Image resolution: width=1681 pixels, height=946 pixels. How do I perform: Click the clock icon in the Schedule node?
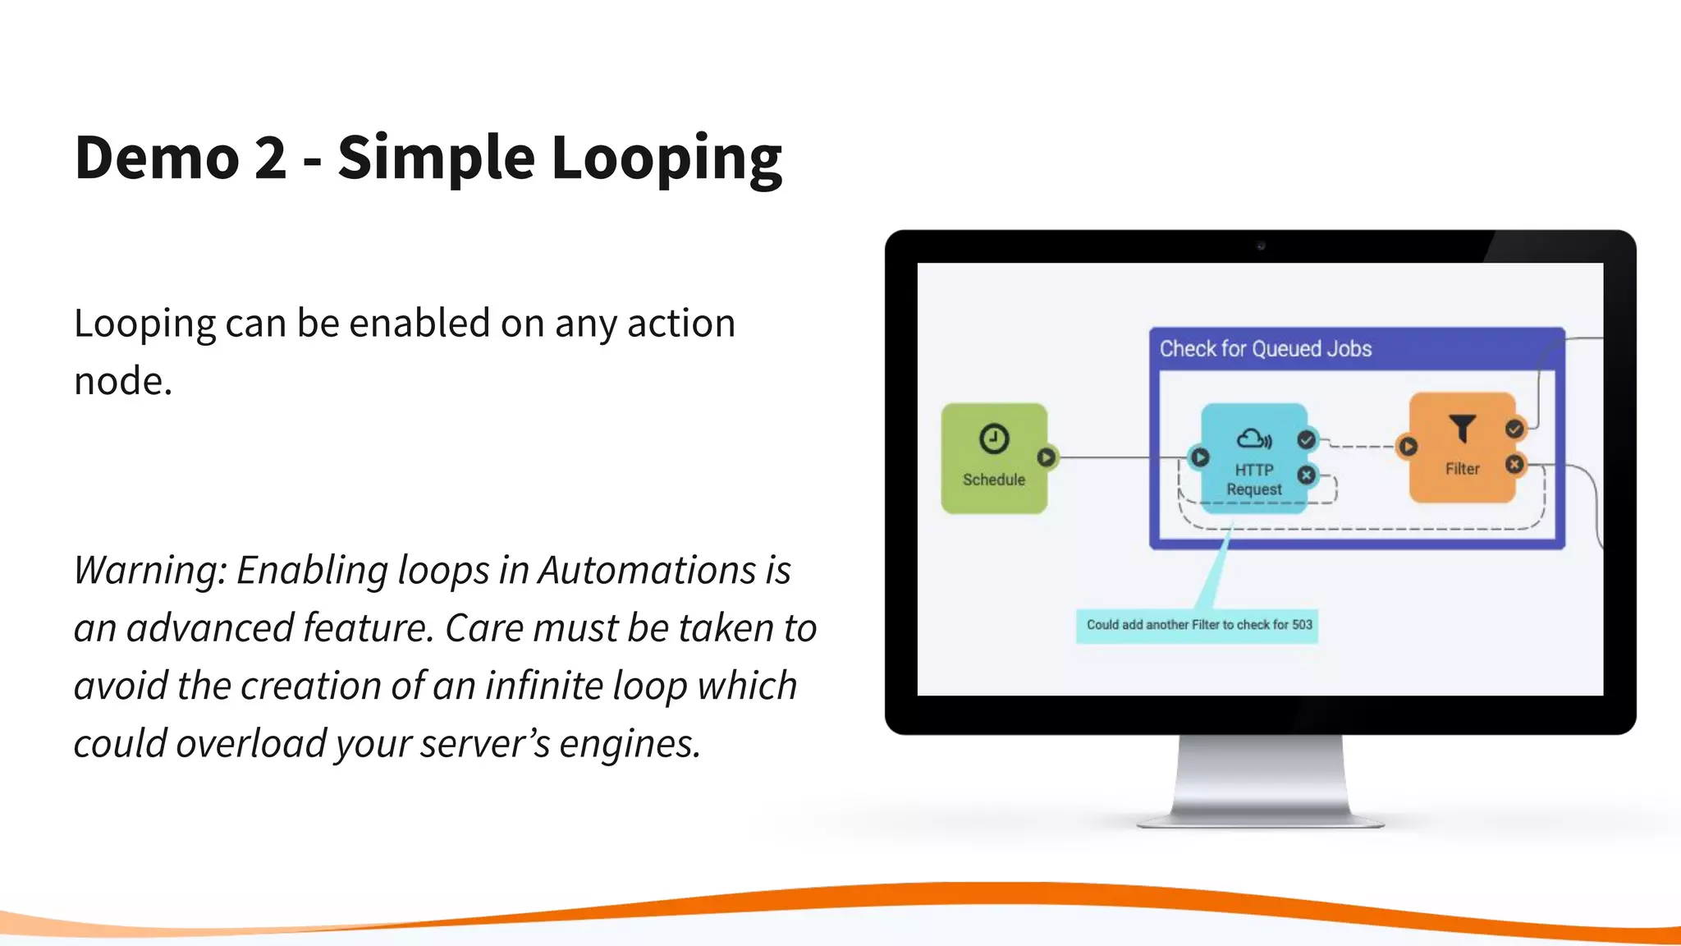[x=994, y=439]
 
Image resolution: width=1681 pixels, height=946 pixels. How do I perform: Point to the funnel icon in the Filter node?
[x=1462, y=428]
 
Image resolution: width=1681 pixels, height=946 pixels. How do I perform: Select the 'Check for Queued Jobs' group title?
[x=1265, y=349]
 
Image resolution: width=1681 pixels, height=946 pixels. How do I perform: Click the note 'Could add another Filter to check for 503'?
[x=1198, y=625]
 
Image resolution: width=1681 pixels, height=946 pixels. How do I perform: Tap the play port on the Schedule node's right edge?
[x=1047, y=457]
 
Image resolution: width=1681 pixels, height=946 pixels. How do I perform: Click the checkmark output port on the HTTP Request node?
[x=1306, y=440]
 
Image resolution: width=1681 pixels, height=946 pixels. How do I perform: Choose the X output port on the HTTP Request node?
[x=1306, y=475]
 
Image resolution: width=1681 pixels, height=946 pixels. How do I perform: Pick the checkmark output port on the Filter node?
[x=1514, y=429]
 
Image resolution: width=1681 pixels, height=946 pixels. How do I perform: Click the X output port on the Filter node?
[x=1514, y=465]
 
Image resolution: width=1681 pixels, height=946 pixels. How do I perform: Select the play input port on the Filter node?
[x=1408, y=447]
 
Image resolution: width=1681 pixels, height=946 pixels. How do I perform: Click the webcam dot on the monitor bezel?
[x=1261, y=246]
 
